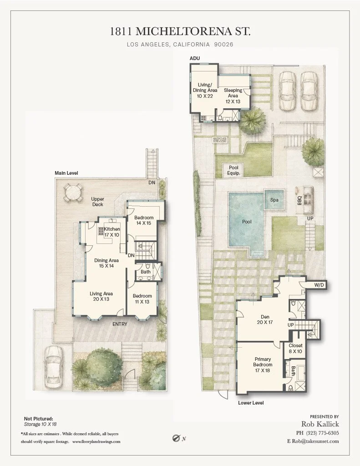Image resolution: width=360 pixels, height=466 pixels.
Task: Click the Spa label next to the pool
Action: (x=274, y=200)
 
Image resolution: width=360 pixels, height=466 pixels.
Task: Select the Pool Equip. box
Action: (x=233, y=170)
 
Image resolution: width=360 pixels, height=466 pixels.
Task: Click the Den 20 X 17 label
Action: (x=265, y=319)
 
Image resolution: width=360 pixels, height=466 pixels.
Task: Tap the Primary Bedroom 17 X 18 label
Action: (x=263, y=365)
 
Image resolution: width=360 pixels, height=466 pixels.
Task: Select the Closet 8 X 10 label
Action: (x=295, y=348)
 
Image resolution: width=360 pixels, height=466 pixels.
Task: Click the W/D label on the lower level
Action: (x=319, y=285)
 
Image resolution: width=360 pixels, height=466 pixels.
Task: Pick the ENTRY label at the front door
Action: (x=120, y=324)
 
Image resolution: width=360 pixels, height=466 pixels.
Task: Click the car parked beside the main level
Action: (x=54, y=367)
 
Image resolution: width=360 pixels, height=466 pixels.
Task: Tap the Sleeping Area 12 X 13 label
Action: (x=233, y=96)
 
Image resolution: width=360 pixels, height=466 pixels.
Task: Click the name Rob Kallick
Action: (x=320, y=424)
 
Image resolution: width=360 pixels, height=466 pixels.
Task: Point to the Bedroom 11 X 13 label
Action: (x=142, y=299)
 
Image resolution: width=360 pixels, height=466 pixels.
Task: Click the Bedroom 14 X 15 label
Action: (x=144, y=220)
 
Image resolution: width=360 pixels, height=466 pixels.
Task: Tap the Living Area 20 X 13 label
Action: (x=101, y=296)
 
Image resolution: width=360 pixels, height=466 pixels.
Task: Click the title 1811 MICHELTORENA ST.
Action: (x=180, y=31)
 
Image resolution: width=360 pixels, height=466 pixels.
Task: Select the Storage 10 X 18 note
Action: (x=40, y=424)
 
